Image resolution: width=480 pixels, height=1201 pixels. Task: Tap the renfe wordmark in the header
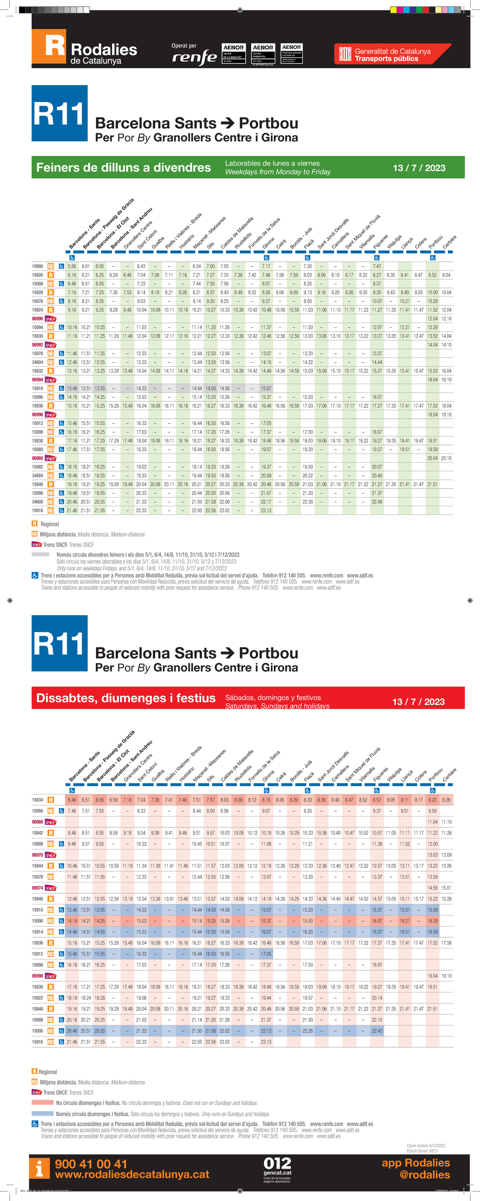click(194, 57)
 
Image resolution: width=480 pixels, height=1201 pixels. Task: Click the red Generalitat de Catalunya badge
click(392, 54)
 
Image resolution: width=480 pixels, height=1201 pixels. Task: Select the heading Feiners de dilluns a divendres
click(124, 167)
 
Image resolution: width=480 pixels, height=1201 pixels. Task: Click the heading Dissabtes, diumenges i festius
click(126, 698)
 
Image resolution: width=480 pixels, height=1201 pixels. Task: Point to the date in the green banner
click(419, 168)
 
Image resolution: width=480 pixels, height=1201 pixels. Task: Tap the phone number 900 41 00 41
click(91, 1164)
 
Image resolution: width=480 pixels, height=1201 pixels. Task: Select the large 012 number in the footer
click(277, 1163)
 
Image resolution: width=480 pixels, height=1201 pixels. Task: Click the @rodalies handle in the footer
click(424, 1175)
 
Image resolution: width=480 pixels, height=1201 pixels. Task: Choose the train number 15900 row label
click(37, 266)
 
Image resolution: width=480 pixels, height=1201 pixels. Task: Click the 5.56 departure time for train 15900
click(72, 266)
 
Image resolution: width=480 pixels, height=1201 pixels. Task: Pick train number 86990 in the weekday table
click(37, 319)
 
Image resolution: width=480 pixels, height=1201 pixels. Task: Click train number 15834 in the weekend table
click(37, 800)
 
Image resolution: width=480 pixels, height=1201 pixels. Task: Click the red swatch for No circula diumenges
click(42, 1103)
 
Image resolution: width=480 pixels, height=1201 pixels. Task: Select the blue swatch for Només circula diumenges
click(42, 1113)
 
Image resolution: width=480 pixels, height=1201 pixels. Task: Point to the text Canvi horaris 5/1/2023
click(426, 1145)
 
